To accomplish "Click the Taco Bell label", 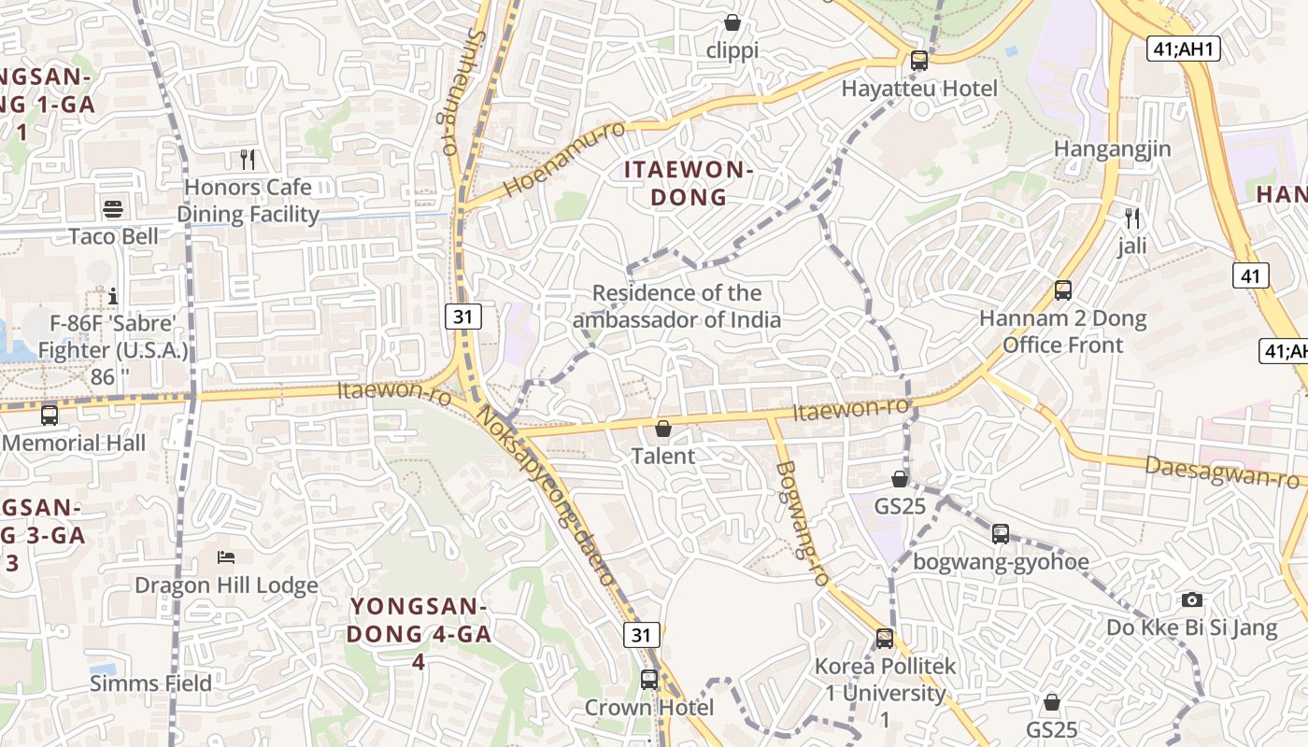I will [113, 236].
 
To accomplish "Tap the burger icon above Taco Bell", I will [113, 208].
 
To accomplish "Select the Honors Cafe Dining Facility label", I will [249, 201].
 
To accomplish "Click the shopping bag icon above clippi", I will [732, 22].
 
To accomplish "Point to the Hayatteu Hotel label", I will [919, 89].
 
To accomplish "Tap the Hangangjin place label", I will [1112, 149].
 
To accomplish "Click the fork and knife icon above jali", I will [1132, 218].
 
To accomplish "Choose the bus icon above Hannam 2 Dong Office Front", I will [1063, 290].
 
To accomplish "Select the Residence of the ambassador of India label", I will [677, 306].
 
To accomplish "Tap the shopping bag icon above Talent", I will [663, 430].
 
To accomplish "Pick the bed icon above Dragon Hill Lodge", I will [226, 557].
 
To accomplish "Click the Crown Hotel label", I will [649, 708].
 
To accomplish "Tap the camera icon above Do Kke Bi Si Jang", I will [1192, 599].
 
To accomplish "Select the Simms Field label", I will [151, 684].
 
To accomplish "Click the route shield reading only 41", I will [1251, 275].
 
